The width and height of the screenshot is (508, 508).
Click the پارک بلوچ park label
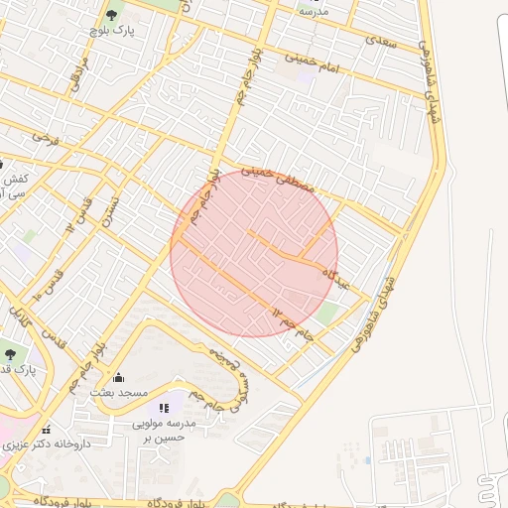pyautogui.click(x=111, y=32)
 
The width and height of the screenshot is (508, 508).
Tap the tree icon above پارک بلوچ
pyautogui.click(x=111, y=15)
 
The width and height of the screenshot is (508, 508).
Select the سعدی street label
pyautogui.click(x=380, y=42)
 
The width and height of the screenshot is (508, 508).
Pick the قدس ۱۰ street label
pyautogui.click(x=48, y=283)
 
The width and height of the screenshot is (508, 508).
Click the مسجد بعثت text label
pyautogui.click(x=119, y=393)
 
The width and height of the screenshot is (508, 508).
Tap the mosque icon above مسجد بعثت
pyautogui.click(x=119, y=377)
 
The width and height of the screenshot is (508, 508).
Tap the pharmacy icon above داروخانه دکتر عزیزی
pyautogui.click(x=46, y=430)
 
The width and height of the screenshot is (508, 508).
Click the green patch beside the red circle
pyautogui.click(x=327, y=315)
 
